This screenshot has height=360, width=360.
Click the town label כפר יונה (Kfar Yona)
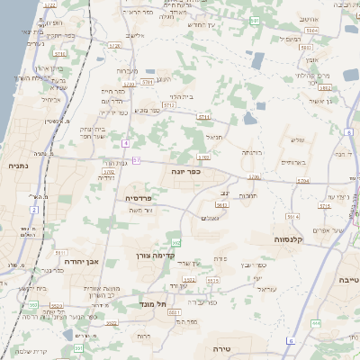186,169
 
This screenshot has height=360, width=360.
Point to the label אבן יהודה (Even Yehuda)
78,262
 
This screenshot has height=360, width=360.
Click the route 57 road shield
137,160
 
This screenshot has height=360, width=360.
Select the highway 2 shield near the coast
34,210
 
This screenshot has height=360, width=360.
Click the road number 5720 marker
113,43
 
